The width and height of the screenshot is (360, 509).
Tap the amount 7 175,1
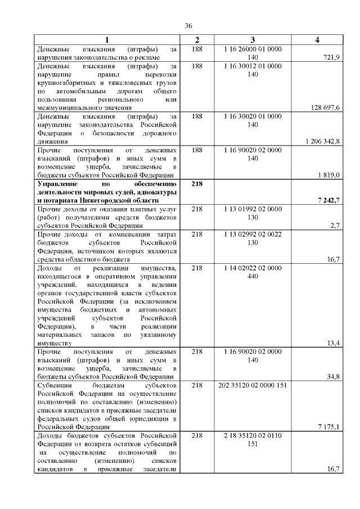tap(328, 427)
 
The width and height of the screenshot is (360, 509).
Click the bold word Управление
tap(58, 184)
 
